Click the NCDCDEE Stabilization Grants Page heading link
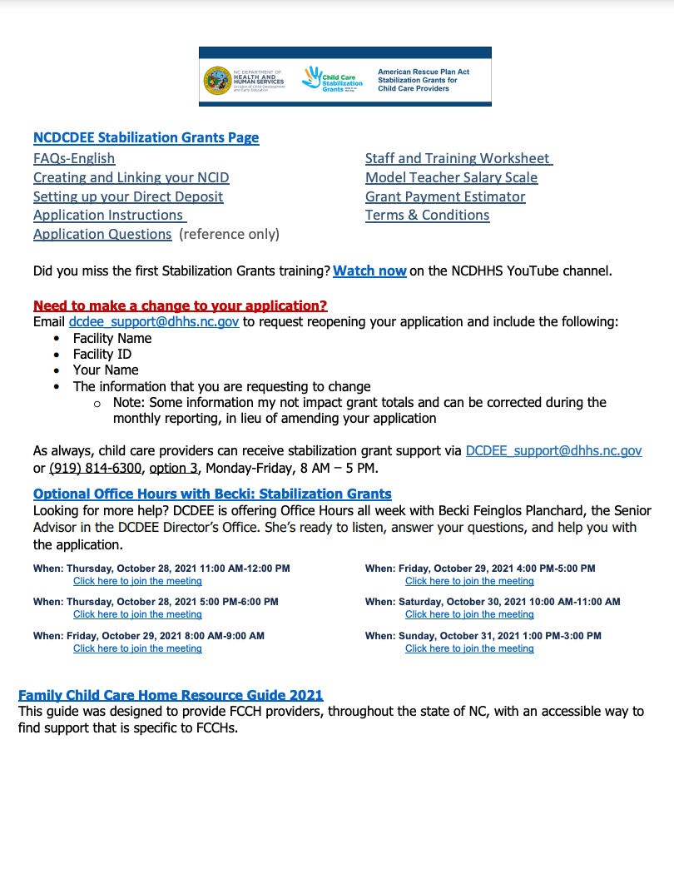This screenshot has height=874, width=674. click(x=146, y=138)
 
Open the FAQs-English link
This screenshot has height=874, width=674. click(x=74, y=158)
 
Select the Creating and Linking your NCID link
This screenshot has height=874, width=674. click(x=131, y=177)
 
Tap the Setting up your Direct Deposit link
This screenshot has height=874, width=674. click(x=128, y=196)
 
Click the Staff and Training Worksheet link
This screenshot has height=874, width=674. click(x=458, y=158)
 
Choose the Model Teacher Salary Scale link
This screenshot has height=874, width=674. click(x=451, y=177)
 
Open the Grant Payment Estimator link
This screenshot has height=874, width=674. click(x=445, y=196)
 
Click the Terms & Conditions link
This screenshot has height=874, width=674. click(x=427, y=215)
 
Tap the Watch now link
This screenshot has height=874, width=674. click(x=369, y=271)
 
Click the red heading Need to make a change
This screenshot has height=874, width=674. click(x=180, y=305)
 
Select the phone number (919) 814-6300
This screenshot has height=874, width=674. click(x=96, y=467)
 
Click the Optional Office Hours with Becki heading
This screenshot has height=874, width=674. click(x=212, y=494)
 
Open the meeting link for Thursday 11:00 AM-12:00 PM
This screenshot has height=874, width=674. click(x=137, y=581)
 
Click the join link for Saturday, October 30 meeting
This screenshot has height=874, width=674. click(x=469, y=614)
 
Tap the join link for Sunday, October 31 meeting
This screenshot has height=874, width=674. click(x=469, y=648)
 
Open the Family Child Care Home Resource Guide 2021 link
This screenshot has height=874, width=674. click(x=171, y=695)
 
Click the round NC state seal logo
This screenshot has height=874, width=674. click(x=217, y=81)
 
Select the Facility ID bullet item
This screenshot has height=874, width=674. click(x=102, y=354)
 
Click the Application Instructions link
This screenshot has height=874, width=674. click(x=109, y=215)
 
